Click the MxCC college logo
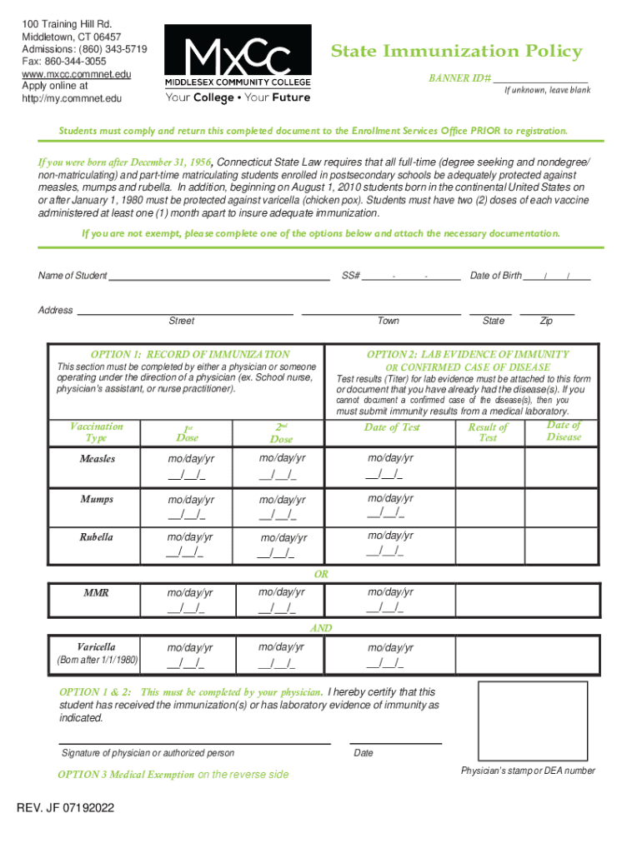[237, 64]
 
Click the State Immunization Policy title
[456, 52]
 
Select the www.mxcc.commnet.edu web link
[76, 73]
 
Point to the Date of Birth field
[557, 277]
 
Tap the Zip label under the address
[546, 321]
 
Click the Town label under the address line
[388, 321]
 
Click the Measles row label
[98, 459]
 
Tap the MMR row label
[96, 593]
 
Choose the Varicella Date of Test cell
[389, 655]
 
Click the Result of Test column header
[488, 432]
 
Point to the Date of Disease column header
[564, 431]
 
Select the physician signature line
[194, 741]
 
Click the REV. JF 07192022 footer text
[66, 809]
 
